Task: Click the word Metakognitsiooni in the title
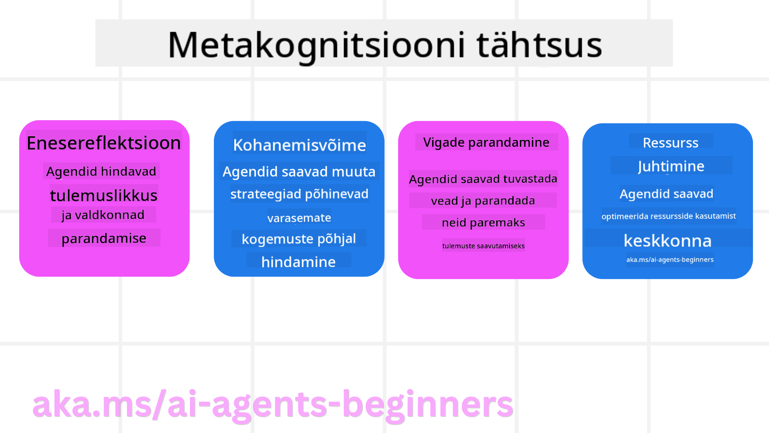point(316,45)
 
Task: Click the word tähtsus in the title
point(539,45)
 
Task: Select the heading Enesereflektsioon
point(104,143)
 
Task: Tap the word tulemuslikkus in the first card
point(104,195)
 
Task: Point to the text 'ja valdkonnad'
point(103,215)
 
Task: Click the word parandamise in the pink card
point(104,238)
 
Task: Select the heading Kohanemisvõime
point(300,145)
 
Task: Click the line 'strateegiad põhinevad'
point(299,194)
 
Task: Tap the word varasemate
point(299,218)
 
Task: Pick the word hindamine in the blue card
point(298,262)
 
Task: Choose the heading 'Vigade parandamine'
point(486,142)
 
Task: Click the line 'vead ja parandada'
point(483,200)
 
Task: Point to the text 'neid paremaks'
point(483,223)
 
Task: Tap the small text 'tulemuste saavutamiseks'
point(483,246)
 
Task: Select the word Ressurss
point(670,143)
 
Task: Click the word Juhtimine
point(671,166)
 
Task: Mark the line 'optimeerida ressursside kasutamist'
point(668,216)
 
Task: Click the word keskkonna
point(668,241)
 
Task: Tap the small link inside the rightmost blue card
point(670,260)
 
